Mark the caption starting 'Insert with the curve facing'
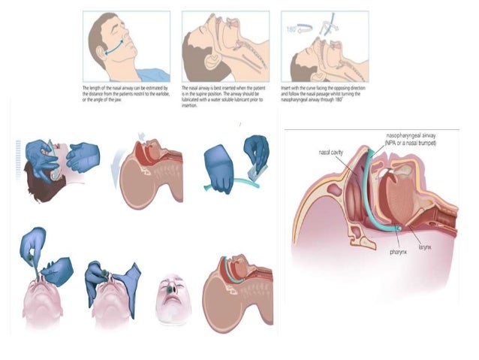324,94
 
